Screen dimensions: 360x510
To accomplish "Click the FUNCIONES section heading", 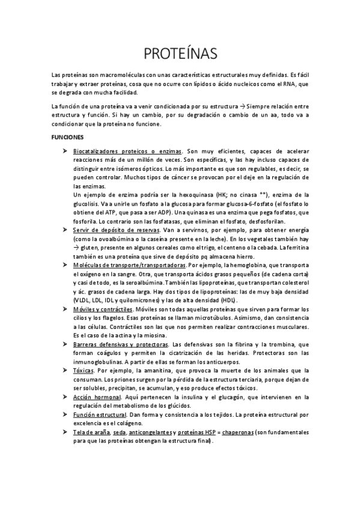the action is click(67, 137).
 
